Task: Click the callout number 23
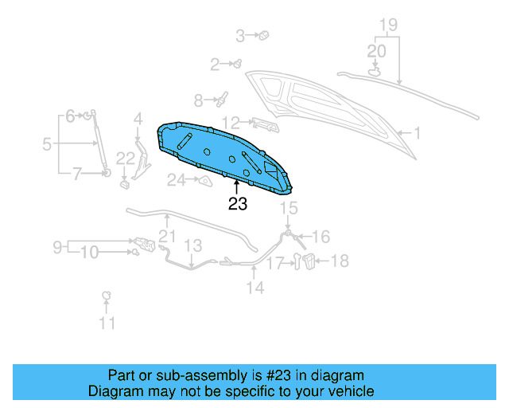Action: pos(237,204)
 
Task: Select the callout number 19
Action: pos(387,24)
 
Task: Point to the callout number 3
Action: pos(240,35)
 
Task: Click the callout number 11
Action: pos(107,323)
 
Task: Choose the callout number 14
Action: pos(254,288)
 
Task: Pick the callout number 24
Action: pos(175,181)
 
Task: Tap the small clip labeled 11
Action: pos(106,297)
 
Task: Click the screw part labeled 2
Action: pos(237,63)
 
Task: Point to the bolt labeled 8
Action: pos(222,100)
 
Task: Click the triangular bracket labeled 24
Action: pos(204,182)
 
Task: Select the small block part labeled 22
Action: pos(125,185)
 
